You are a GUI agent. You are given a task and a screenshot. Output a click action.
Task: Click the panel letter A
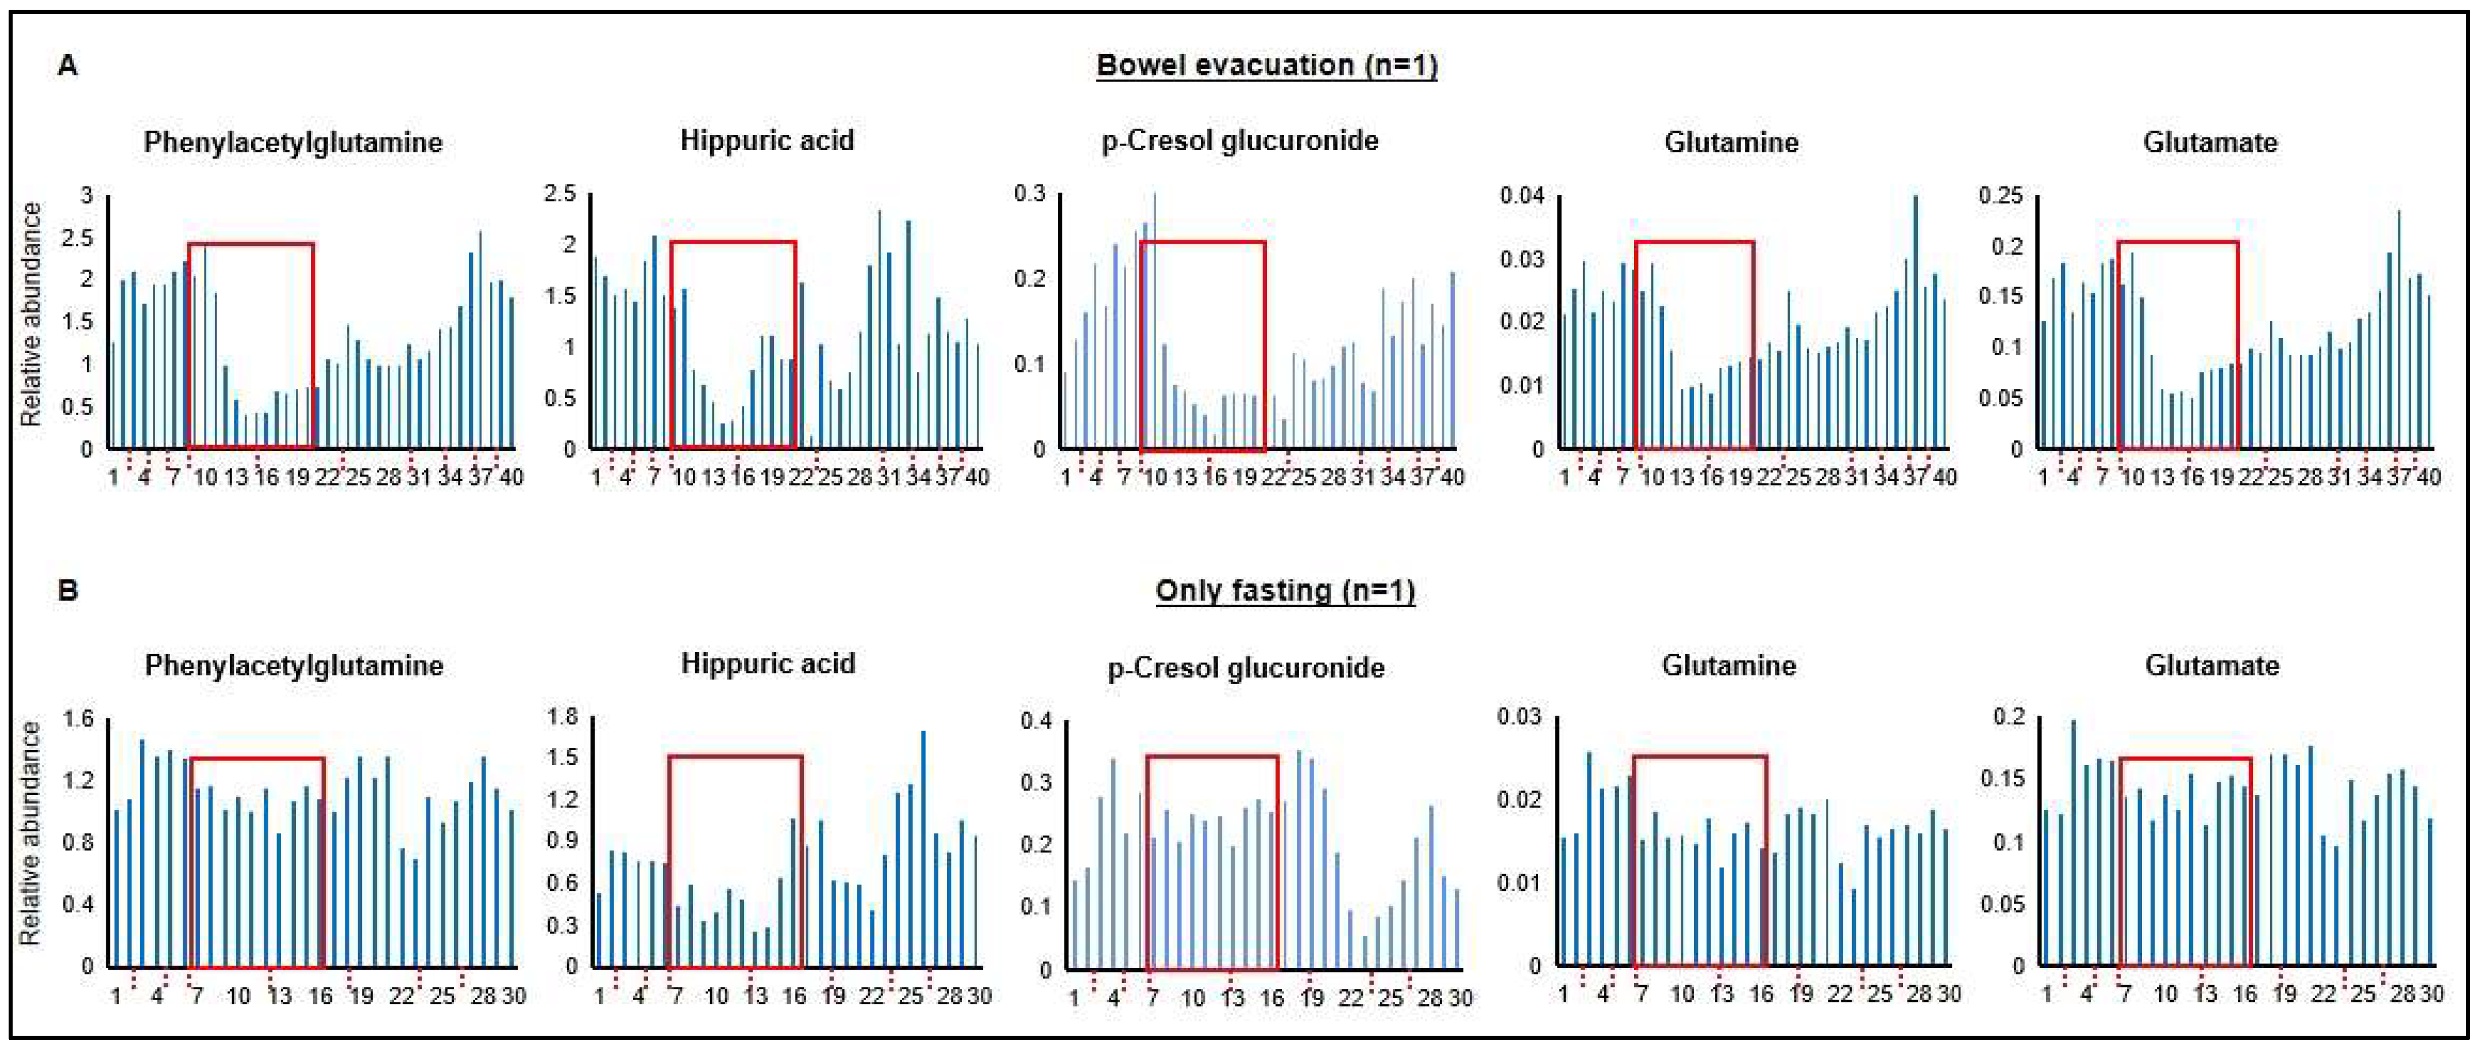[x=67, y=66]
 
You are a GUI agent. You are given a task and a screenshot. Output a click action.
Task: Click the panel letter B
[x=67, y=590]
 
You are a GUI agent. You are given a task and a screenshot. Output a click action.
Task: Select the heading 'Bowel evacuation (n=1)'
[x=1266, y=66]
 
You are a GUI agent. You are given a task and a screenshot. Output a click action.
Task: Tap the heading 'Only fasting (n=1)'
[x=1285, y=590]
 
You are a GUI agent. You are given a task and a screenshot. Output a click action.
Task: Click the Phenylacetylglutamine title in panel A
[x=293, y=143]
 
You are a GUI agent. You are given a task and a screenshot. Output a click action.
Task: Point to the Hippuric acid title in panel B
[x=768, y=664]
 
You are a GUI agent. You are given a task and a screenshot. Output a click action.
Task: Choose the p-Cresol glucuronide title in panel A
[x=1239, y=141]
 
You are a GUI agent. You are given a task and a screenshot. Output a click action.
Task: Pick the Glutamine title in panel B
[x=1729, y=666]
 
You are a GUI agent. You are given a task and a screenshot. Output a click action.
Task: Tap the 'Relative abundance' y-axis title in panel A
[x=32, y=314]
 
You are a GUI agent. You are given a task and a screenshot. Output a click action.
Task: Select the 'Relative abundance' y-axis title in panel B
[x=32, y=833]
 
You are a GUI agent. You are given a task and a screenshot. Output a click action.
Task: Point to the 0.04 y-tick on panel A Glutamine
[x=1521, y=195]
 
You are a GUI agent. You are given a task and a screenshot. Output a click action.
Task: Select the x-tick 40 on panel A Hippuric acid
[x=977, y=477]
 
